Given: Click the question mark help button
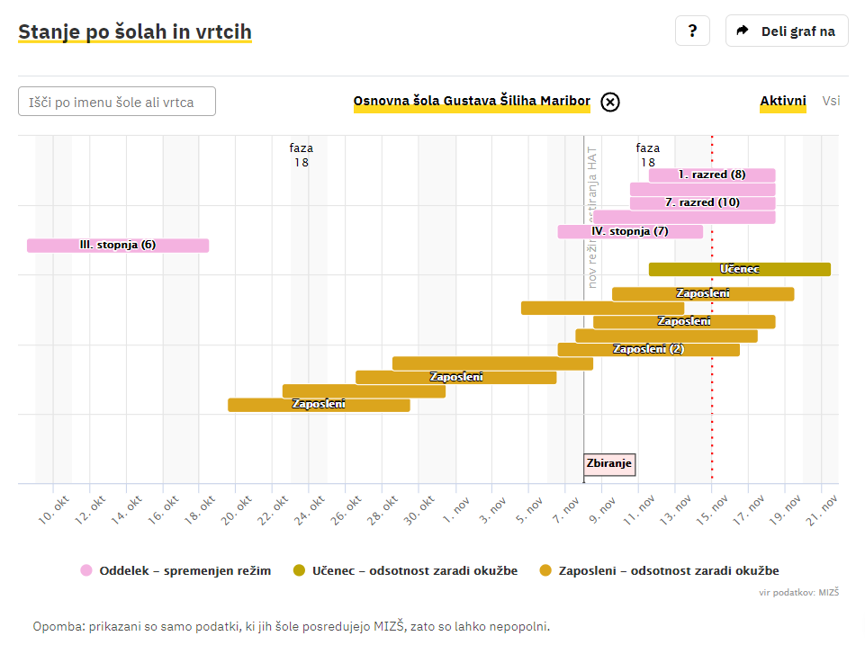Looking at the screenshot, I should click(x=692, y=31).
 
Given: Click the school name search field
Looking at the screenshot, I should click(x=117, y=102).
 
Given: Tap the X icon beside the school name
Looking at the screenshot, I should click(x=610, y=102).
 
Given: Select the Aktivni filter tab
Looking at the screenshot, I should click(x=783, y=101).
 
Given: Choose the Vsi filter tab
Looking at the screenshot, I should click(x=831, y=101).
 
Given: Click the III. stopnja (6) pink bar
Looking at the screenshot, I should click(x=118, y=246).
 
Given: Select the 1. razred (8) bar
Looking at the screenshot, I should click(x=712, y=175).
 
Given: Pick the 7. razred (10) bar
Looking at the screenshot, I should click(x=702, y=203).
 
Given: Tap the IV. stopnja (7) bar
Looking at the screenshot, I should click(x=630, y=231).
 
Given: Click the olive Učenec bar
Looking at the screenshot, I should click(x=740, y=269).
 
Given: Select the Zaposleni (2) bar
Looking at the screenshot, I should click(x=648, y=349).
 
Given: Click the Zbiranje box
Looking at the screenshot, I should click(x=609, y=464).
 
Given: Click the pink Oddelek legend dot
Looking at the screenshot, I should click(x=86, y=570).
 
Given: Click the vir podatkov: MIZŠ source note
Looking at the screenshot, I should click(x=799, y=592).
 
